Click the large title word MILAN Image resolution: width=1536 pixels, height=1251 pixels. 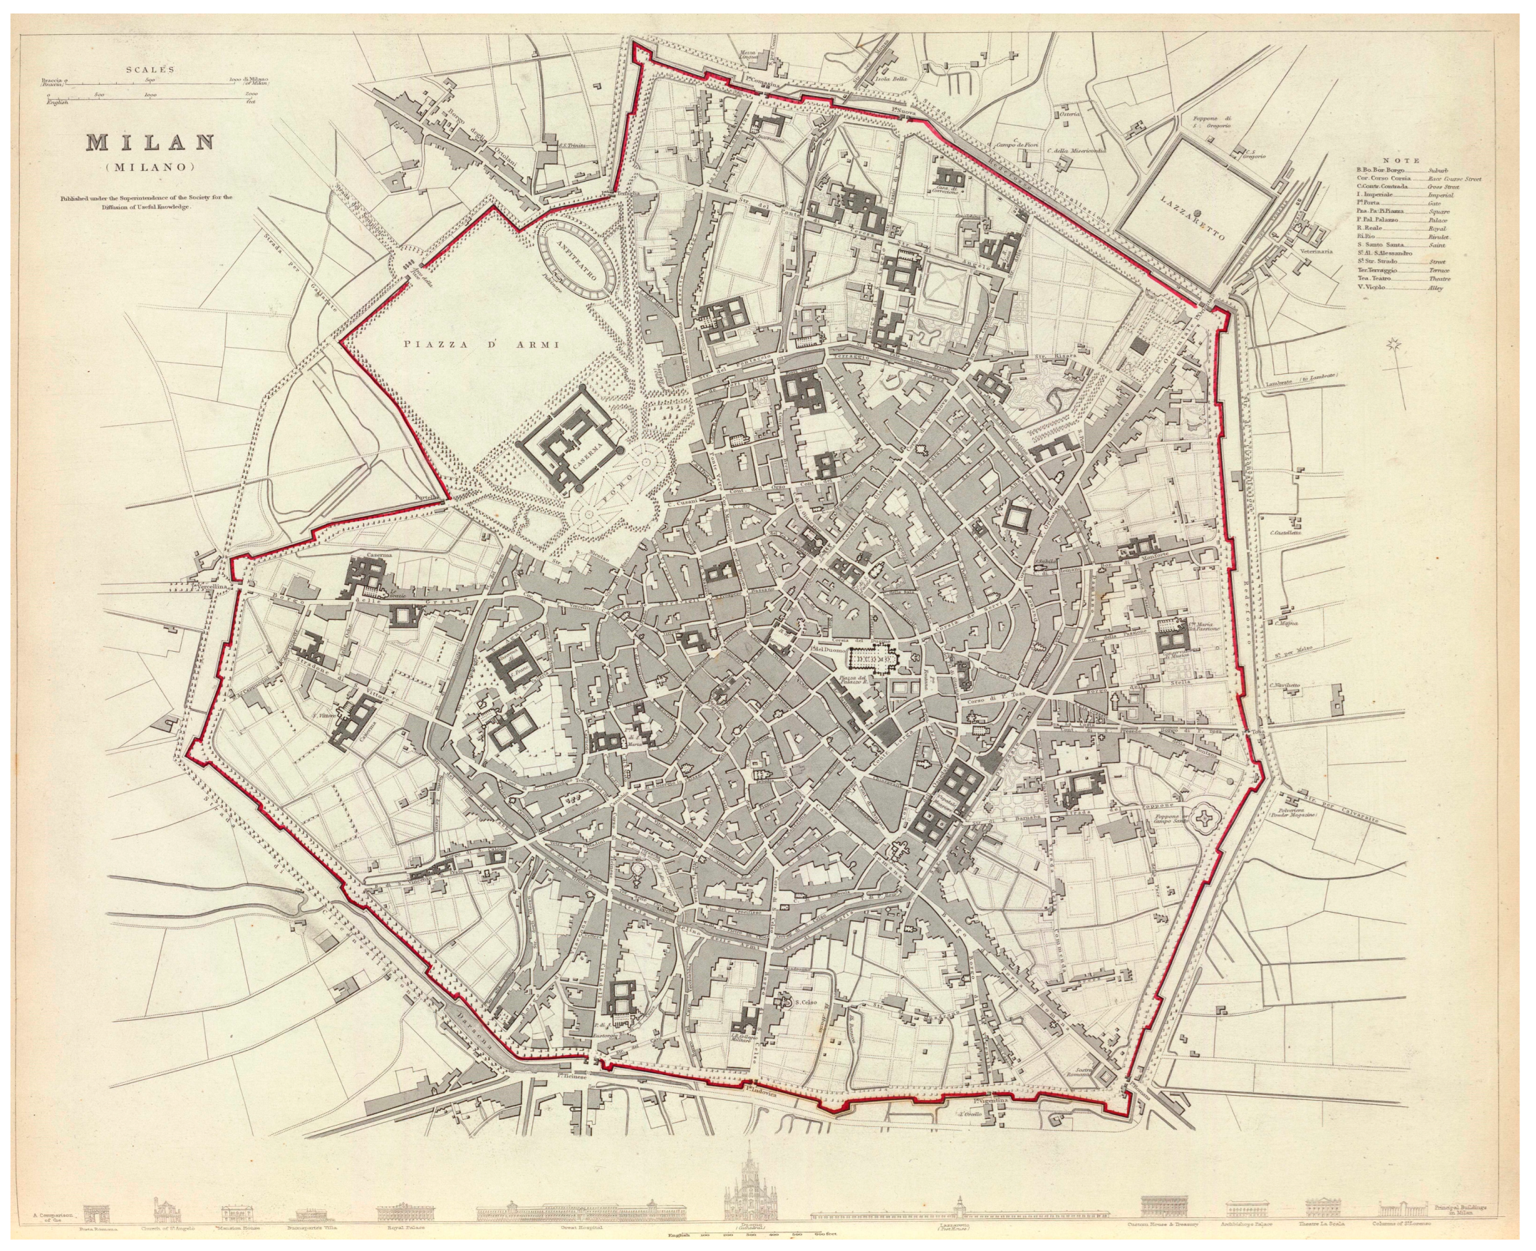coord(150,142)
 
